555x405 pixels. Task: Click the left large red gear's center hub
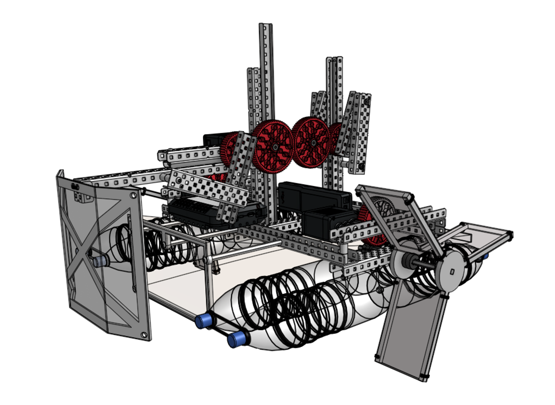coord(275,147)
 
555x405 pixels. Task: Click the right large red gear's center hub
coord(313,142)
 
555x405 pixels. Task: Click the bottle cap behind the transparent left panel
coord(99,261)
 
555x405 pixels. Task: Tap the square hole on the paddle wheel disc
coord(452,272)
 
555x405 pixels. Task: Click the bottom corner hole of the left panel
coord(144,334)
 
